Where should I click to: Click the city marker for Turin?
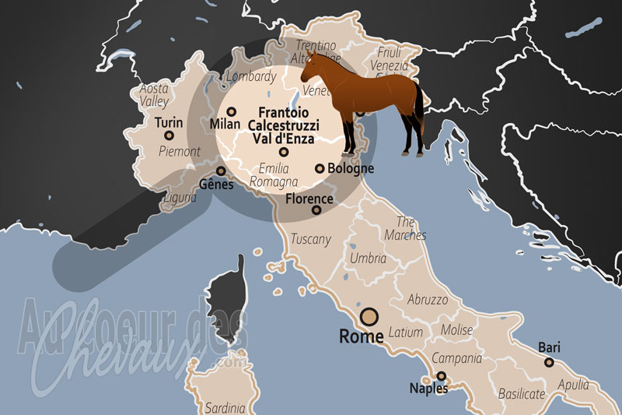click(x=168, y=135)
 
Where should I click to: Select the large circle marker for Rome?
click(x=369, y=317)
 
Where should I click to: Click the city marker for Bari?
click(x=549, y=362)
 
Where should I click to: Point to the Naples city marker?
click(x=441, y=376)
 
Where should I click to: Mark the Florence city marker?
click(x=316, y=210)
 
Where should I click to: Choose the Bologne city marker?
click(x=320, y=168)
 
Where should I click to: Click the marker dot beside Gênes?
click(x=221, y=171)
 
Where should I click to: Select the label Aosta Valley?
click(x=154, y=95)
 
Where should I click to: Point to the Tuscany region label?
click(x=310, y=239)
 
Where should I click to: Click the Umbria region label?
click(x=368, y=258)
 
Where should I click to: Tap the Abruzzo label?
click(x=428, y=299)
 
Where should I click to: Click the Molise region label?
click(x=456, y=330)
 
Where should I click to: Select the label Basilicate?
click(x=522, y=393)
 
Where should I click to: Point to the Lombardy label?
click(x=250, y=76)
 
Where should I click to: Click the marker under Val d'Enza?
click(x=284, y=153)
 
